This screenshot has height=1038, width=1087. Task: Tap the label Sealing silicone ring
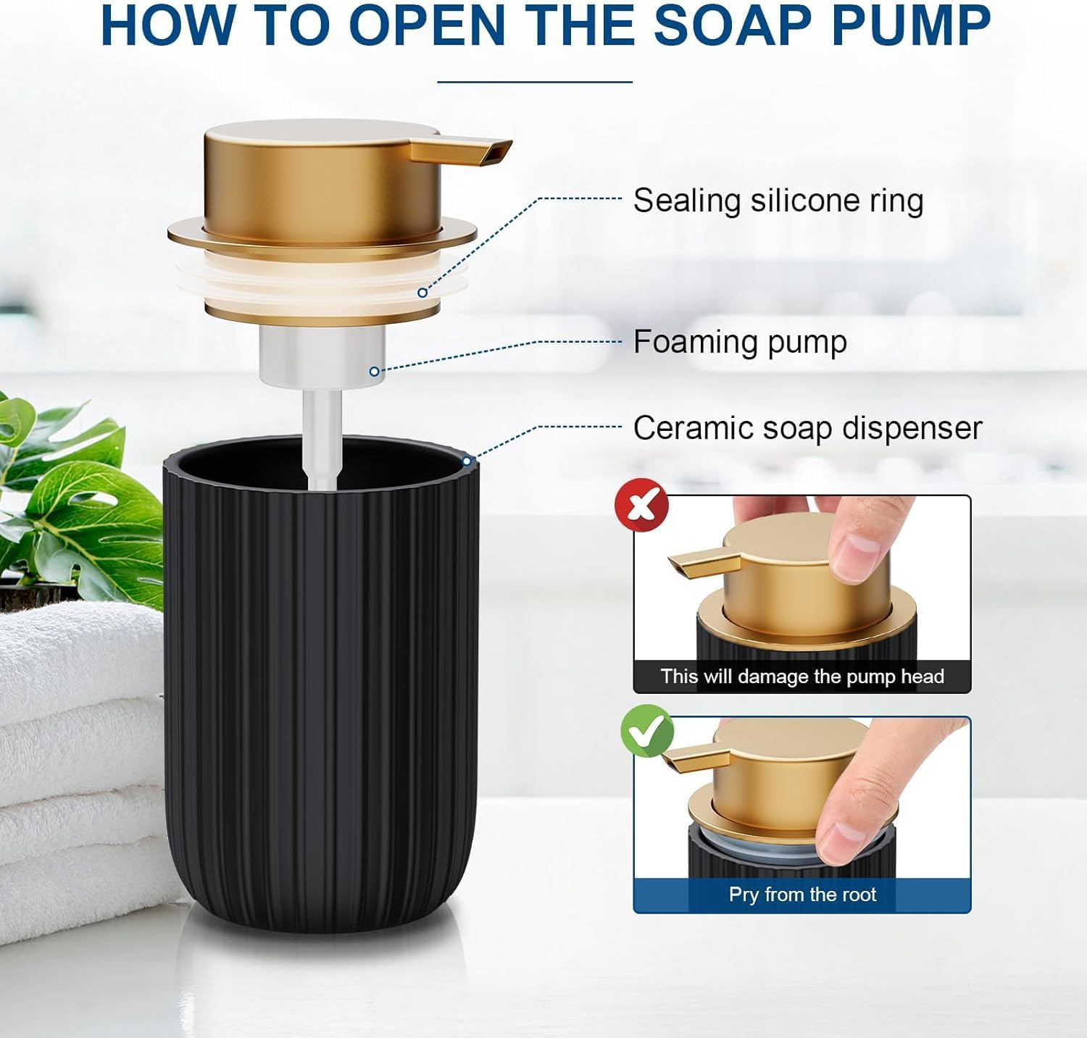(x=778, y=201)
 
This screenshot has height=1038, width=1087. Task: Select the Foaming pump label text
(x=740, y=342)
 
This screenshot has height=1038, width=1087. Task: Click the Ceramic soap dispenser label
(x=807, y=428)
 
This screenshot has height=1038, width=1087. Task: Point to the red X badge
(x=641, y=505)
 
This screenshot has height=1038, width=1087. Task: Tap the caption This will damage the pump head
(x=802, y=677)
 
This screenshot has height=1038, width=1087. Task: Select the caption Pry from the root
(x=802, y=895)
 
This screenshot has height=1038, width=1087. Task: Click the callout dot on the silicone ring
(x=422, y=293)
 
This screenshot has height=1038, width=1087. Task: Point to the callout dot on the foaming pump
(x=374, y=372)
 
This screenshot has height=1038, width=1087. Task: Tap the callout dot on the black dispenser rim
(x=467, y=461)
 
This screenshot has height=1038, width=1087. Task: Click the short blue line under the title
(x=535, y=82)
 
